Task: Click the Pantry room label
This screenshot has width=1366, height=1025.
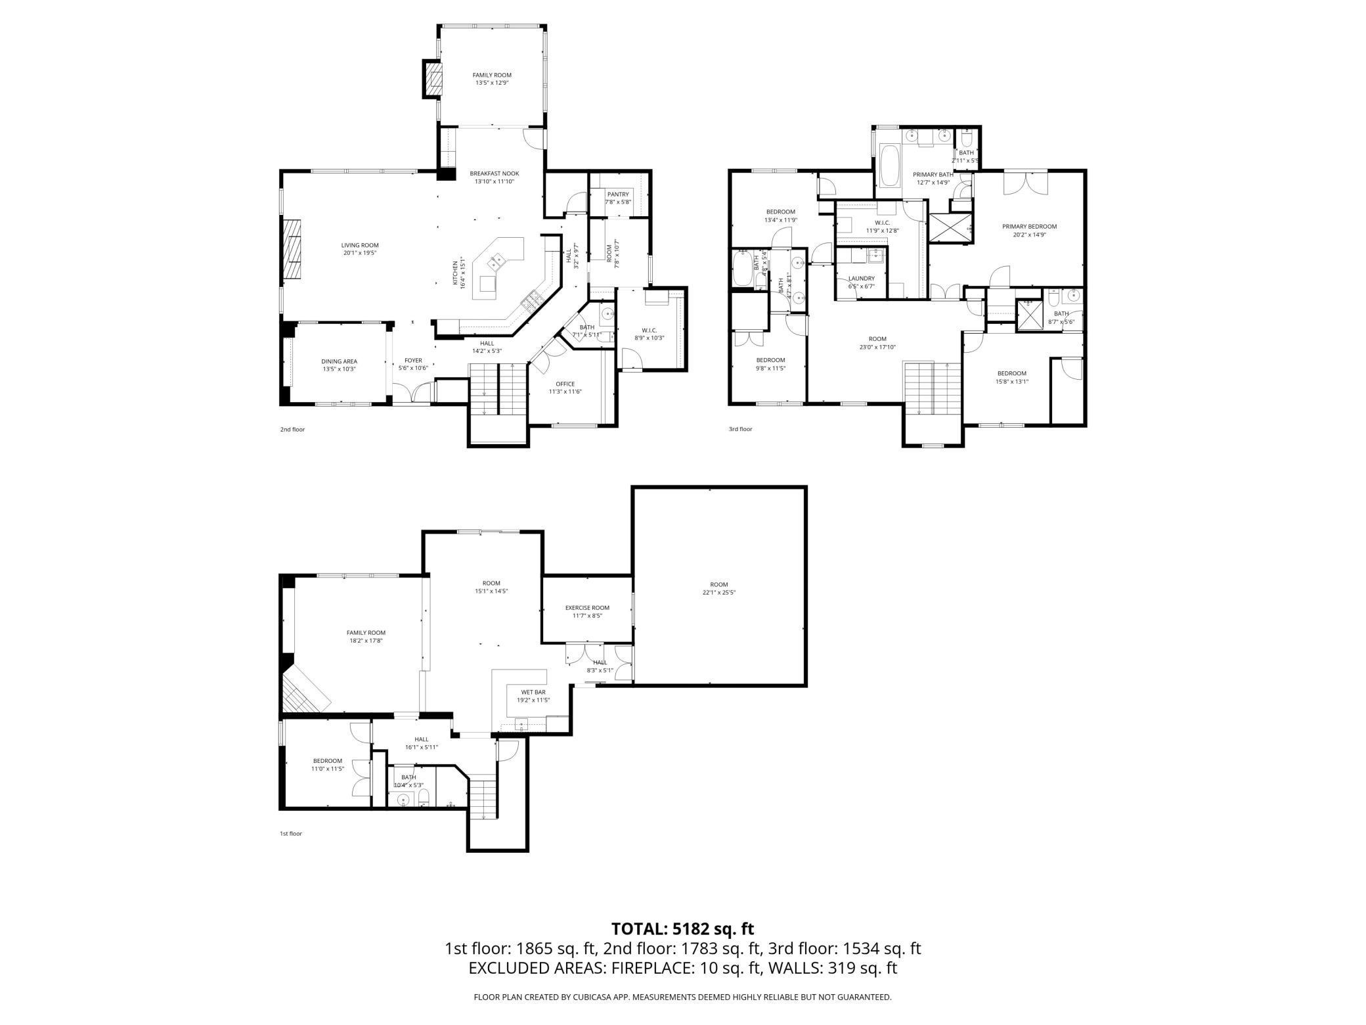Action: (617, 194)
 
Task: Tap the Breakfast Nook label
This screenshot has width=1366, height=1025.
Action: (494, 173)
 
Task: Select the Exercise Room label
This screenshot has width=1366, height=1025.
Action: (587, 608)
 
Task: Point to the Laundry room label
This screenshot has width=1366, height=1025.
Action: (861, 279)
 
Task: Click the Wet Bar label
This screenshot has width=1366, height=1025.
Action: (533, 693)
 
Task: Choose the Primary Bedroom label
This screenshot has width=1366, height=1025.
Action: (1029, 227)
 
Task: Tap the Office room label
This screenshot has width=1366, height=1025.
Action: (565, 384)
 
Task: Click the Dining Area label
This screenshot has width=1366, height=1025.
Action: (339, 361)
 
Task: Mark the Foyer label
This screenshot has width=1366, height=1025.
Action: (413, 361)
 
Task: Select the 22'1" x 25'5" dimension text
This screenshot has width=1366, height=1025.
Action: (718, 592)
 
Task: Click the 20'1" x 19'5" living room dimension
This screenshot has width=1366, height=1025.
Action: (359, 253)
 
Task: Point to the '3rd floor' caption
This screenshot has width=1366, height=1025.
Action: (740, 429)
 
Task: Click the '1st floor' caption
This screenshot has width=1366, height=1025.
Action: (291, 834)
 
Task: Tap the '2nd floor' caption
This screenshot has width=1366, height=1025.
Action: (292, 430)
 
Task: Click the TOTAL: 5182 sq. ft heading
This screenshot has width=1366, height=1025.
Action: (682, 929)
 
